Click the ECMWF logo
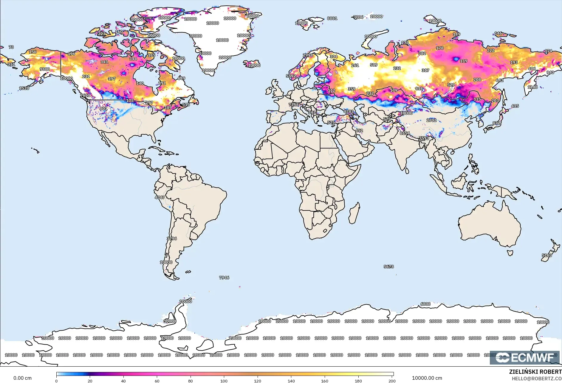click(525, 357)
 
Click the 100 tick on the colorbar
click(224, 381)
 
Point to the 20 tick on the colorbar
click(90, 381)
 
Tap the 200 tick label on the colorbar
click(392, 381)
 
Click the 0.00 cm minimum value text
click(22, 378)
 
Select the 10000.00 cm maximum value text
click(427, 378)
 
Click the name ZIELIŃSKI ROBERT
click(535, 372)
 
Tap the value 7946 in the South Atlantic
click(224, 278)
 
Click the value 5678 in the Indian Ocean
click(388, 267)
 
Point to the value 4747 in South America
click(160, 197)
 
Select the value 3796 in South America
click(172, 239)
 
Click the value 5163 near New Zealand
click(547, 255)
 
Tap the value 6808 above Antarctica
click(425, 304)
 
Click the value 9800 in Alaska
click(45, 69)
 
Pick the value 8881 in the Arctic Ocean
click(332, 18)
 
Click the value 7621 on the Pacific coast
click(85, 95)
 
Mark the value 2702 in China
click(431, 120)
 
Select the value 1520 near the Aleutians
click(24, 88)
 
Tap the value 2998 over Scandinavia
click(308, 55)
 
